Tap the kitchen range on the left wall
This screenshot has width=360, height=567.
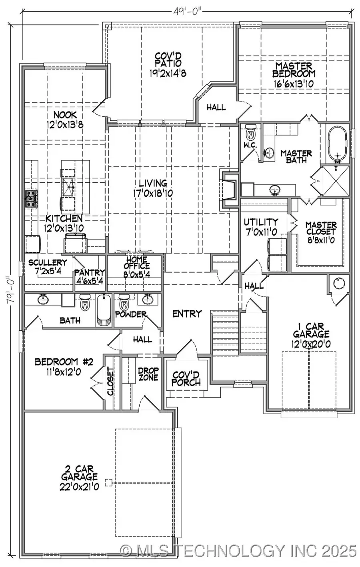(31, 199)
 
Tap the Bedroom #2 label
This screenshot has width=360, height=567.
(64, 366)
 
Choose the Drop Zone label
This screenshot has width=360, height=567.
(148, 374)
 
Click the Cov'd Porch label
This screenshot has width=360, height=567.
(186, 379)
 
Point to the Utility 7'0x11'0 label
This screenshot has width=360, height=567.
(261, 226)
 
